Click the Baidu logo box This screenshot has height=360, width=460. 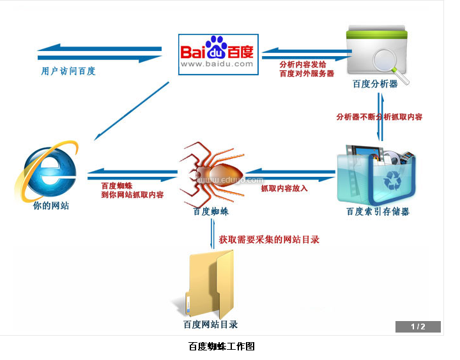[x=217, y=53]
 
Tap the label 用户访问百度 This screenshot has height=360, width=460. [x=68, y=71]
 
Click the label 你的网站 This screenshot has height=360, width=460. [x=51, y=206]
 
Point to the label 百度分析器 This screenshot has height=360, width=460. [x=375, y=84]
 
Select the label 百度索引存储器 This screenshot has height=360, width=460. [x=378, y=211]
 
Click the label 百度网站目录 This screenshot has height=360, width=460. [x=210, y=324]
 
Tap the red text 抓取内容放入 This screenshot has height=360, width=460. [x=284, y=188]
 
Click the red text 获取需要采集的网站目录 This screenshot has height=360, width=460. [x=269, y=240]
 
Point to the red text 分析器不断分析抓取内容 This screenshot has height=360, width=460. [x=379, y=117]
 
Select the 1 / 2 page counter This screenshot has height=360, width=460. [x=418, y=327]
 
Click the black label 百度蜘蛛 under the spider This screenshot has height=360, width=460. [x=211, y=211]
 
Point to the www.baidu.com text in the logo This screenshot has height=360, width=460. [x=217, y=64]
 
